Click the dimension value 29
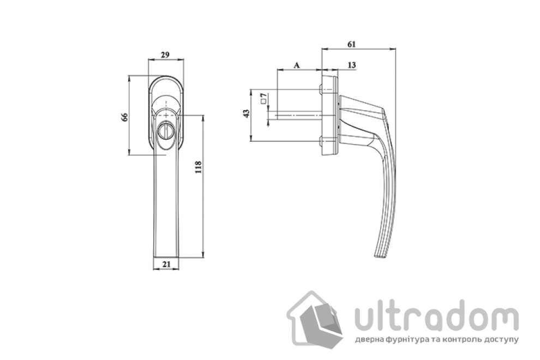point(165,55)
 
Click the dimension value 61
point(352,43)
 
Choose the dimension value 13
point(351,65)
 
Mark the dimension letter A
point(297,65)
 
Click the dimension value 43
point(246,113)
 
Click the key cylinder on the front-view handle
point(165,131)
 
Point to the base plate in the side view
point(330,116)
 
